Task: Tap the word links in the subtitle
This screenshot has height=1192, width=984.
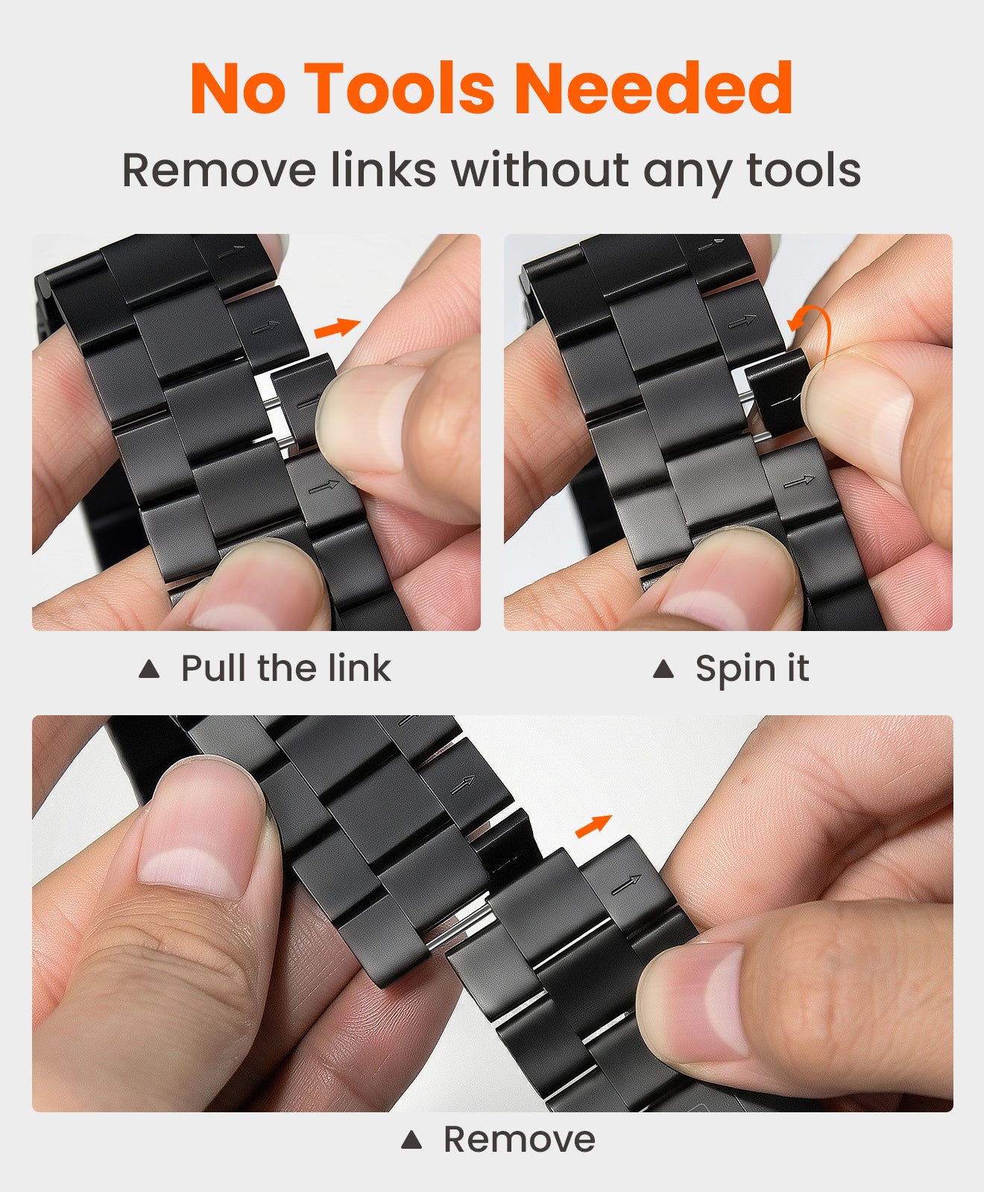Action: tap(383, 170)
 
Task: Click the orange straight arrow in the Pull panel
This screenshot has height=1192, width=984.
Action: tap(337, 328)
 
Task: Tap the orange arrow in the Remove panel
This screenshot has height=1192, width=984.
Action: tap(593, 826)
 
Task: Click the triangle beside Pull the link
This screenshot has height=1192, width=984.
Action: tap(149, 669)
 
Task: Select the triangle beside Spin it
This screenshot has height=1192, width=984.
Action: tap(663, 669)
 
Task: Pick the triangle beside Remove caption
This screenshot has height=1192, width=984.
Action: tap(411, 1140)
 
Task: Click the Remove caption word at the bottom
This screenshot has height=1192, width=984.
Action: tap(520, 1139)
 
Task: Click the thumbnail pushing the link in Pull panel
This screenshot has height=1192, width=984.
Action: tap(365, 417)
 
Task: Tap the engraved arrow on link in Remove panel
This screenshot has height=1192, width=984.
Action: tap(626, 885)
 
